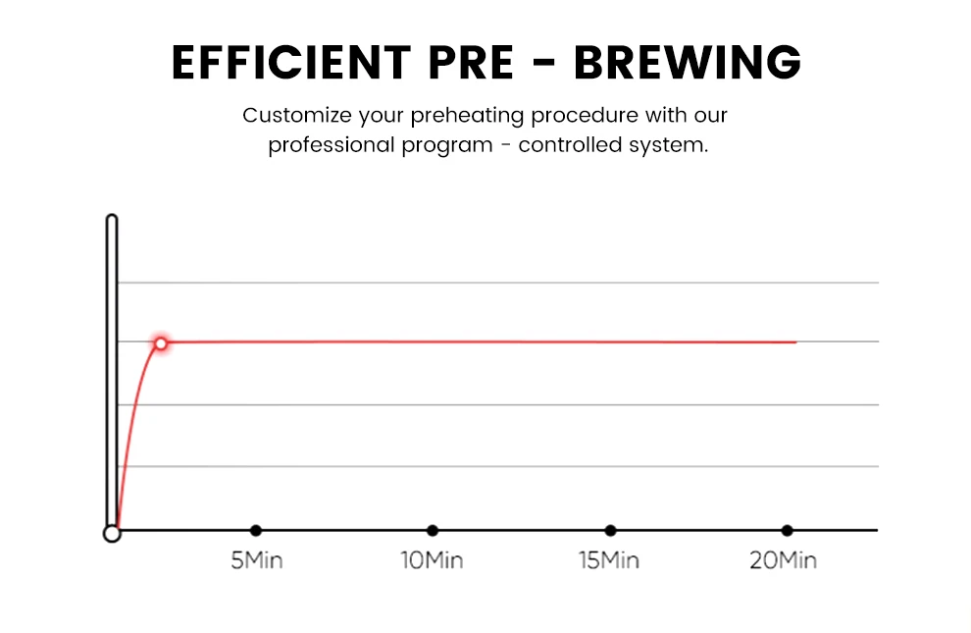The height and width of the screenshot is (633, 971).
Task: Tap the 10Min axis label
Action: pos(432,561)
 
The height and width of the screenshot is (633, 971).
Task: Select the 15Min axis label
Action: pos(609,561)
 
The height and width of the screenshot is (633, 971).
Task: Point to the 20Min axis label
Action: pos(784,561)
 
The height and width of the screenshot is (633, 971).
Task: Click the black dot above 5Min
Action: pos(256,531)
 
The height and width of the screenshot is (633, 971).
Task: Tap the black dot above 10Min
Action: pos(433,531)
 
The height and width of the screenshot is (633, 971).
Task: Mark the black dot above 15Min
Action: pos(610,531)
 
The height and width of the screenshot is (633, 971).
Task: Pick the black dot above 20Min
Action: pos(787,531)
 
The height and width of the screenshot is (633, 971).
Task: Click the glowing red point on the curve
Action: pos(161,343)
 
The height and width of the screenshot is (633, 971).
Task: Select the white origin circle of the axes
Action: pos(112,533)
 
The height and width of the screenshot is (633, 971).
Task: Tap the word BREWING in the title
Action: pos(687,64)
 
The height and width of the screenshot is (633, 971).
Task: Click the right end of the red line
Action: pos(795,343)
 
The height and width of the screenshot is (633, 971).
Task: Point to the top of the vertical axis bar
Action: pos(112,218)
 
